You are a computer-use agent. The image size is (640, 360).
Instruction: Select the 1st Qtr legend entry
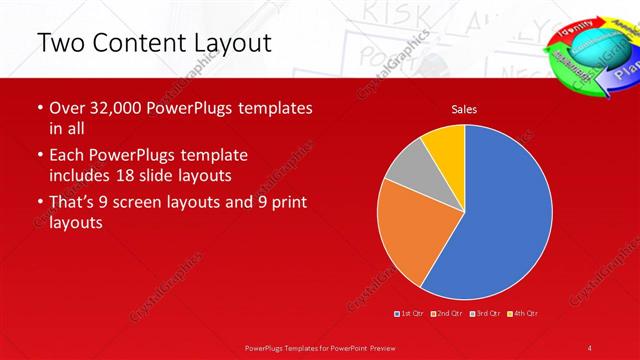(410, 314)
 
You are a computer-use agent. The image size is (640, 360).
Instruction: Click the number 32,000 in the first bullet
(114, 108)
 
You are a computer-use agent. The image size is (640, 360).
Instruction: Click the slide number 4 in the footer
(590, 347)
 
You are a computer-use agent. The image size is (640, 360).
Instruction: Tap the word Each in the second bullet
(68, 156)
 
